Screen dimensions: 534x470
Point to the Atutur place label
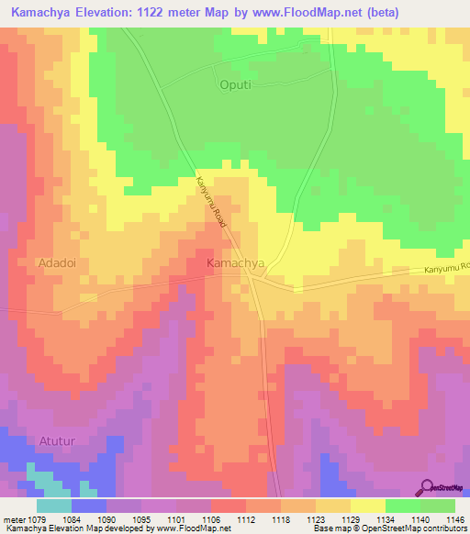(59, 441)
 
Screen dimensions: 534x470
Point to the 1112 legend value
(246, 518)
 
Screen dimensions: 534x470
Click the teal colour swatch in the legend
(53, 505)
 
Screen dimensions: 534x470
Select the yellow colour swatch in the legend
(367, 505)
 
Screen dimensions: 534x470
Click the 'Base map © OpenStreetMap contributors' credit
(389, 529)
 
